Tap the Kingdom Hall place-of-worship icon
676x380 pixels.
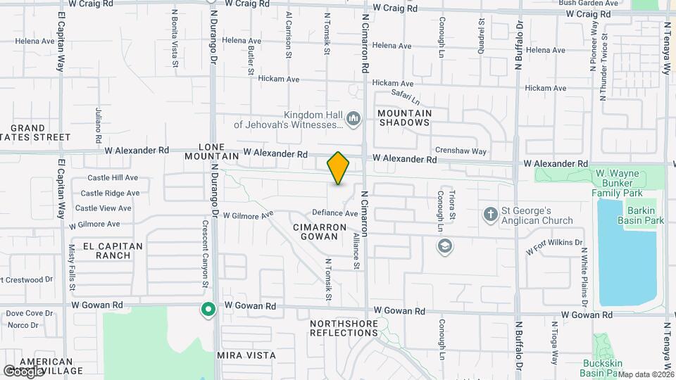[x=353, y=119]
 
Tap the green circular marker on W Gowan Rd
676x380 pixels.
[x=208, y=309]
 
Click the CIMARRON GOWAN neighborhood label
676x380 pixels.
[x=320, y=233]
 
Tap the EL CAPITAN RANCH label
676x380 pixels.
[x=113, y=251]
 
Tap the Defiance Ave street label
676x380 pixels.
[x=335, y=213]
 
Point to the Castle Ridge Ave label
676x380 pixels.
[x=109, y=193]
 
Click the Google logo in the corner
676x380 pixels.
[x=23, y=371]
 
